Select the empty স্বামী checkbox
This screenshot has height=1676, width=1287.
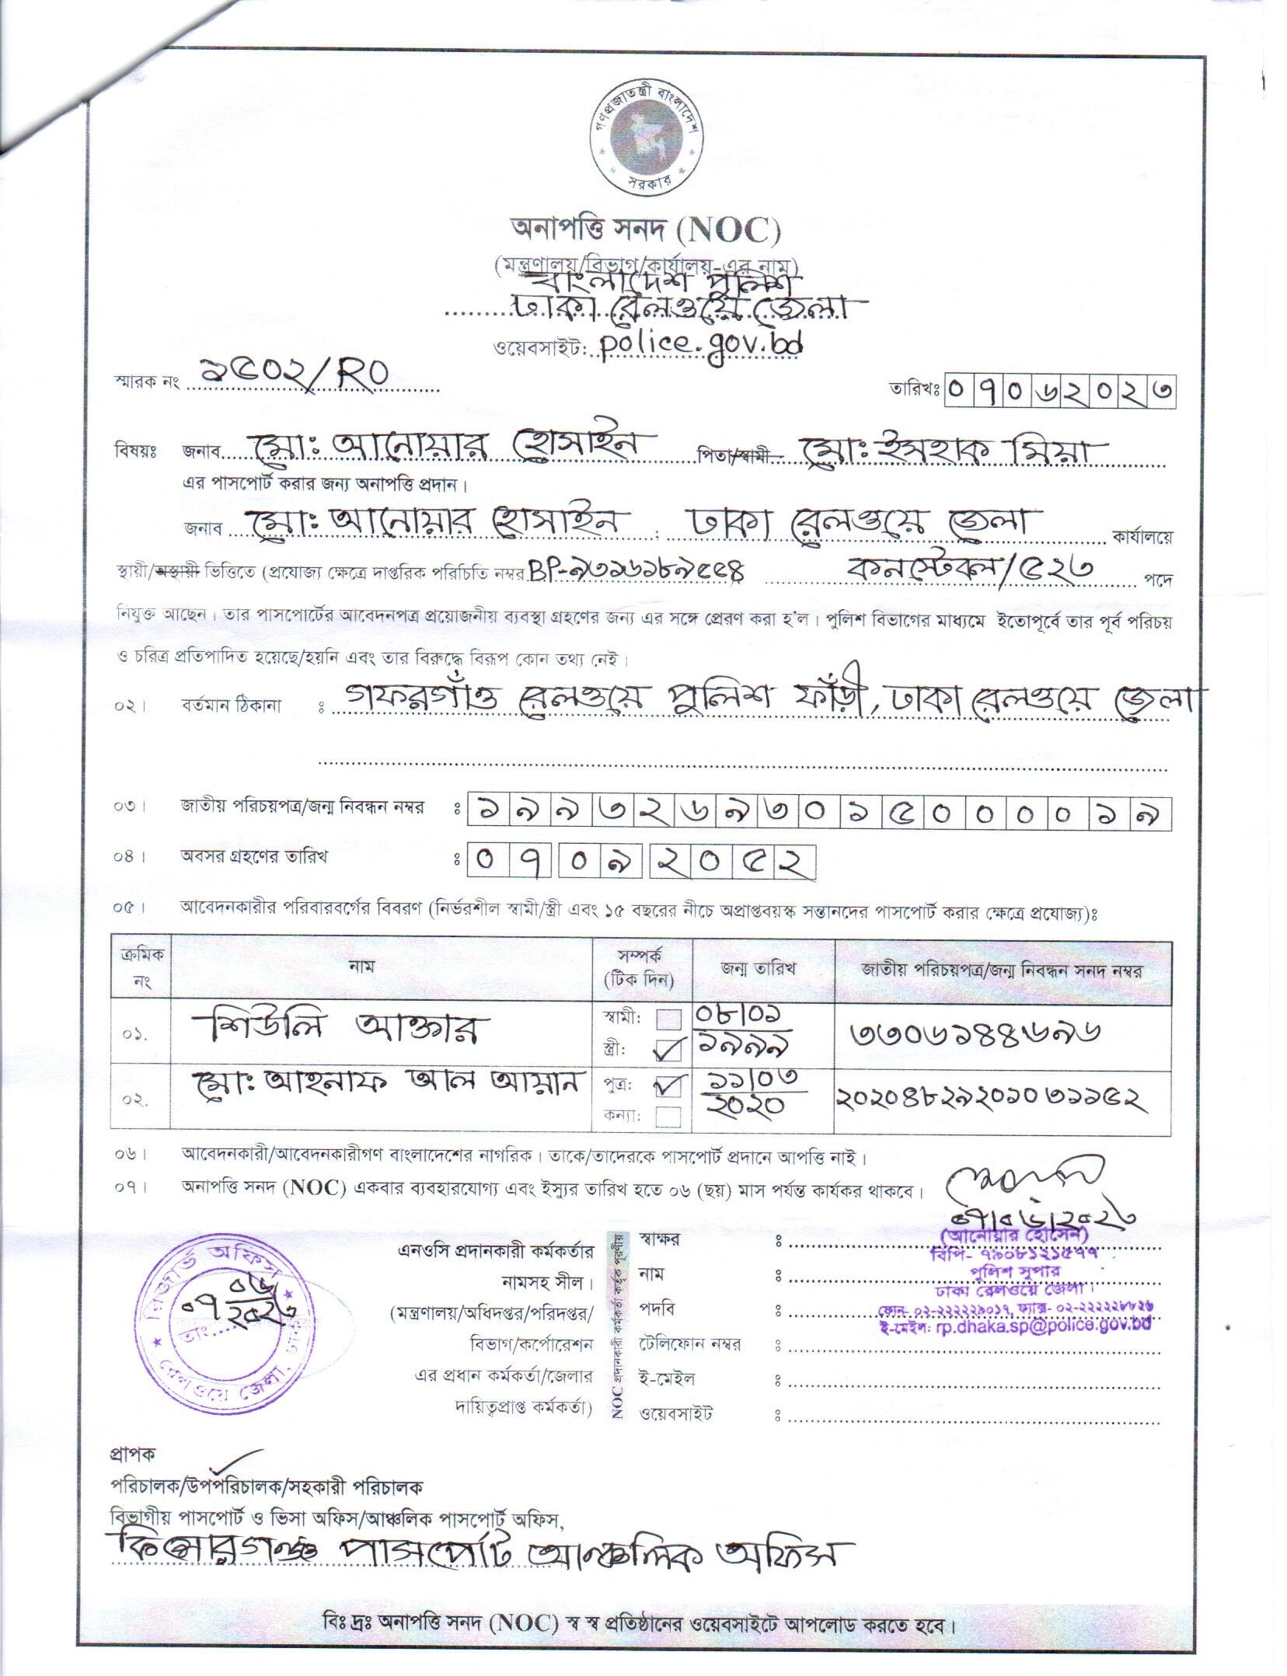(669, 1019)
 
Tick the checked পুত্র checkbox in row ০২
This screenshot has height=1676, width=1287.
(669, 1085)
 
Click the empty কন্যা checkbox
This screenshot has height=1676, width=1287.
(669, 1117)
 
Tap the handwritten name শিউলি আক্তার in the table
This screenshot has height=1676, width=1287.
(339, 1032)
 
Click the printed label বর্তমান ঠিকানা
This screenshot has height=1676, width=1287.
(231, 706)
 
